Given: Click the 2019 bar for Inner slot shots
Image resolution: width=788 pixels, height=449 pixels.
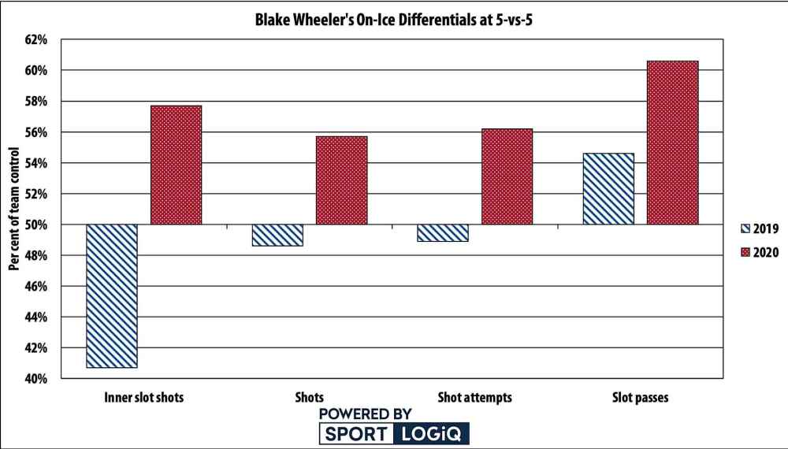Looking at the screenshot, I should coord(112,296).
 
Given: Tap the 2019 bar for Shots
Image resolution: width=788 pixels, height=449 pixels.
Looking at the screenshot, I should coord(277,235).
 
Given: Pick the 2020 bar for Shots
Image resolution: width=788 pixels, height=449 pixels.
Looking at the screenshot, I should coord(341,180).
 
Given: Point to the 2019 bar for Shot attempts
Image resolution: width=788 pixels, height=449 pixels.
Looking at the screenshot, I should coord(443,232).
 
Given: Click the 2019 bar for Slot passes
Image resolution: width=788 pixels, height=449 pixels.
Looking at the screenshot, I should coord(608,189).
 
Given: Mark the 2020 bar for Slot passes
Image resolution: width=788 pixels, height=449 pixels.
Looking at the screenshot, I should coord(672,143).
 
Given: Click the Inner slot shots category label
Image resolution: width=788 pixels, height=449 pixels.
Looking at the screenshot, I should coord(143,398).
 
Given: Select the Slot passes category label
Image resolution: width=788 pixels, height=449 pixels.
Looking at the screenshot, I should coord(640,398).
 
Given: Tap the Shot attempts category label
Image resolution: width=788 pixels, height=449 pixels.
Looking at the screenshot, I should coord(474,398).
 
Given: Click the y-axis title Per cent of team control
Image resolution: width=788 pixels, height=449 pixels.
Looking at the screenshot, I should coord(13,210).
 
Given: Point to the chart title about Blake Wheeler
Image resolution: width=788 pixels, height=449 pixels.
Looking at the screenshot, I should coord(394,22).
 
